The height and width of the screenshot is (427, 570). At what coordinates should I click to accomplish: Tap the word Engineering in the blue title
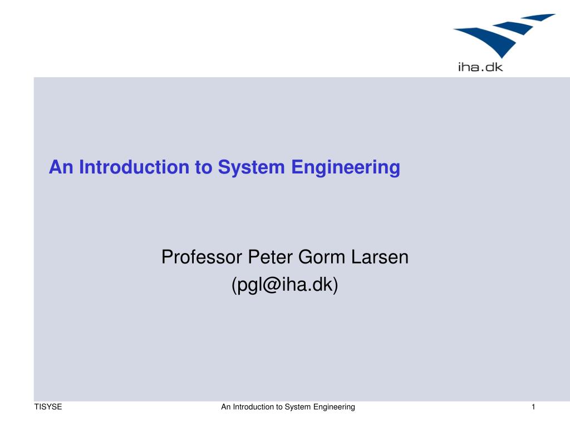(x=346, y=167)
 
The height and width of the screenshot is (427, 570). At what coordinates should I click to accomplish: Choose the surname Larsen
(x=380, y=257)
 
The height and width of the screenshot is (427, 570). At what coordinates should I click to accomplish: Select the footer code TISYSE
(x=48, y=407)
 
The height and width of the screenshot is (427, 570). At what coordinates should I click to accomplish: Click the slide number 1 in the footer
(x=533, y=407)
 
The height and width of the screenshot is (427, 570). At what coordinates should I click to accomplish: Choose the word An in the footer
(x=225, y=407)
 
